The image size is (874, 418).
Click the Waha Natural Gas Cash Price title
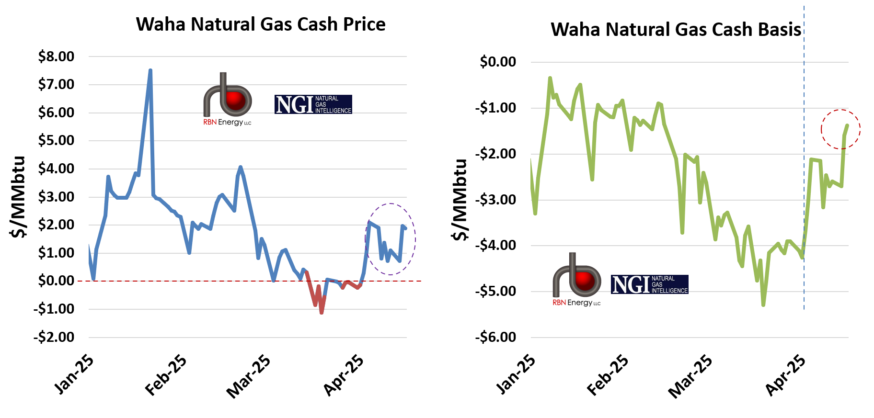tap(261, 24)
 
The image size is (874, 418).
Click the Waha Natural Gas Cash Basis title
tap(676, 30)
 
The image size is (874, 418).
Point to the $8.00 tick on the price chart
tap(57, 56)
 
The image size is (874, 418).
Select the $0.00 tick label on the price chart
tap(57, 281)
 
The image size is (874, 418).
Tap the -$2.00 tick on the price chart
tap(54, 337)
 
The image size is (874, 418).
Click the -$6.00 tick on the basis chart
tap(496, 337)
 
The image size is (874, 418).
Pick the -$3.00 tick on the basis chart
tap(496, 200)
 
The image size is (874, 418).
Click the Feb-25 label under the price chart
tap(166, 375)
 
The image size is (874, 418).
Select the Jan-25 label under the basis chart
tap(516, 374)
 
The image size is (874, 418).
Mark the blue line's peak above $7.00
tap(150, 70)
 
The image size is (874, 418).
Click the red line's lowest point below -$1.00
tap(322, 313)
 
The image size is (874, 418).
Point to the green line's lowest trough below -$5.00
tap(763, 305)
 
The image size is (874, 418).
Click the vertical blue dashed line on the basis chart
tap(804, 192)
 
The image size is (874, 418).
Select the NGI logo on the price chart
tap(313, 104)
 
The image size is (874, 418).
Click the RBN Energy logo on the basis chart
tap(576, 280)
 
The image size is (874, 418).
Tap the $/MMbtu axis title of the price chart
tap(18, 197)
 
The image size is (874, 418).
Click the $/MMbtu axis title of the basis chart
tap(460, 200)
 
